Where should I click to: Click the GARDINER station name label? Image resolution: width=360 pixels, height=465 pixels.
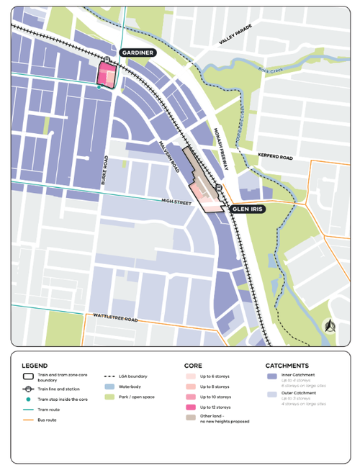[138, 53]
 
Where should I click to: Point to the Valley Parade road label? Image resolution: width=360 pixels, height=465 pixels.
[236, 37]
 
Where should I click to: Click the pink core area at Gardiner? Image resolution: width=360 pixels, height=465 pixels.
[107, 73]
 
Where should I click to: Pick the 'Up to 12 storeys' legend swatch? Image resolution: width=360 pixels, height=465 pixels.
[191, 407]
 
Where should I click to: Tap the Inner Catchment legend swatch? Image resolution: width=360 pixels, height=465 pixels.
[271, 376]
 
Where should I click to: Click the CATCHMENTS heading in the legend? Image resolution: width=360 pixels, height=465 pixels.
[287, 365]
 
